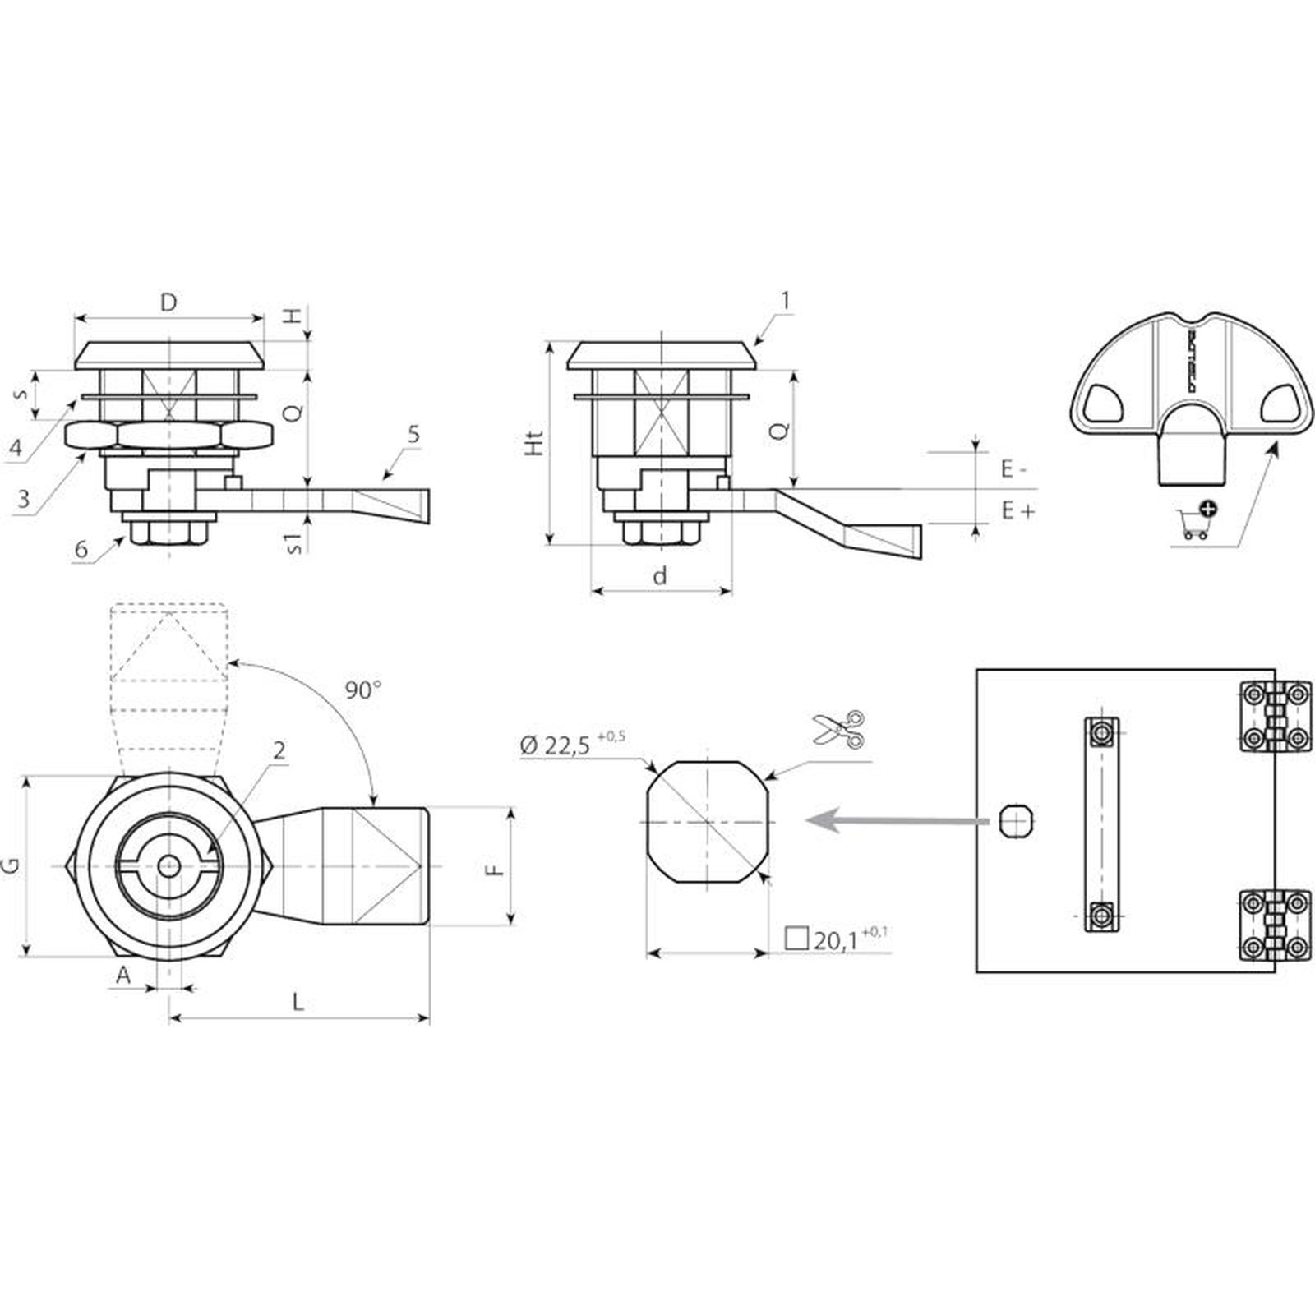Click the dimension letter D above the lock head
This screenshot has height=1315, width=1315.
click(x=168, y=302)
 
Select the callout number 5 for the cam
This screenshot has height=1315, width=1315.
click(x=413, y=433)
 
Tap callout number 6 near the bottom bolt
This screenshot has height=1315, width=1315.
click(x=81, y=548)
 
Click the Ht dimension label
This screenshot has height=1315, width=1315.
click(x=535, y=443)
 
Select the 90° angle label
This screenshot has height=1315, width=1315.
click(x=362, y=690)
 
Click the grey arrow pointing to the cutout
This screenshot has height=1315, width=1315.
click(x=896, y=820)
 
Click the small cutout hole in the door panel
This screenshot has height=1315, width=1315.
click(x=1016, y=820)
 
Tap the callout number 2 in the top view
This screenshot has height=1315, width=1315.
click(x=279, y=750)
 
